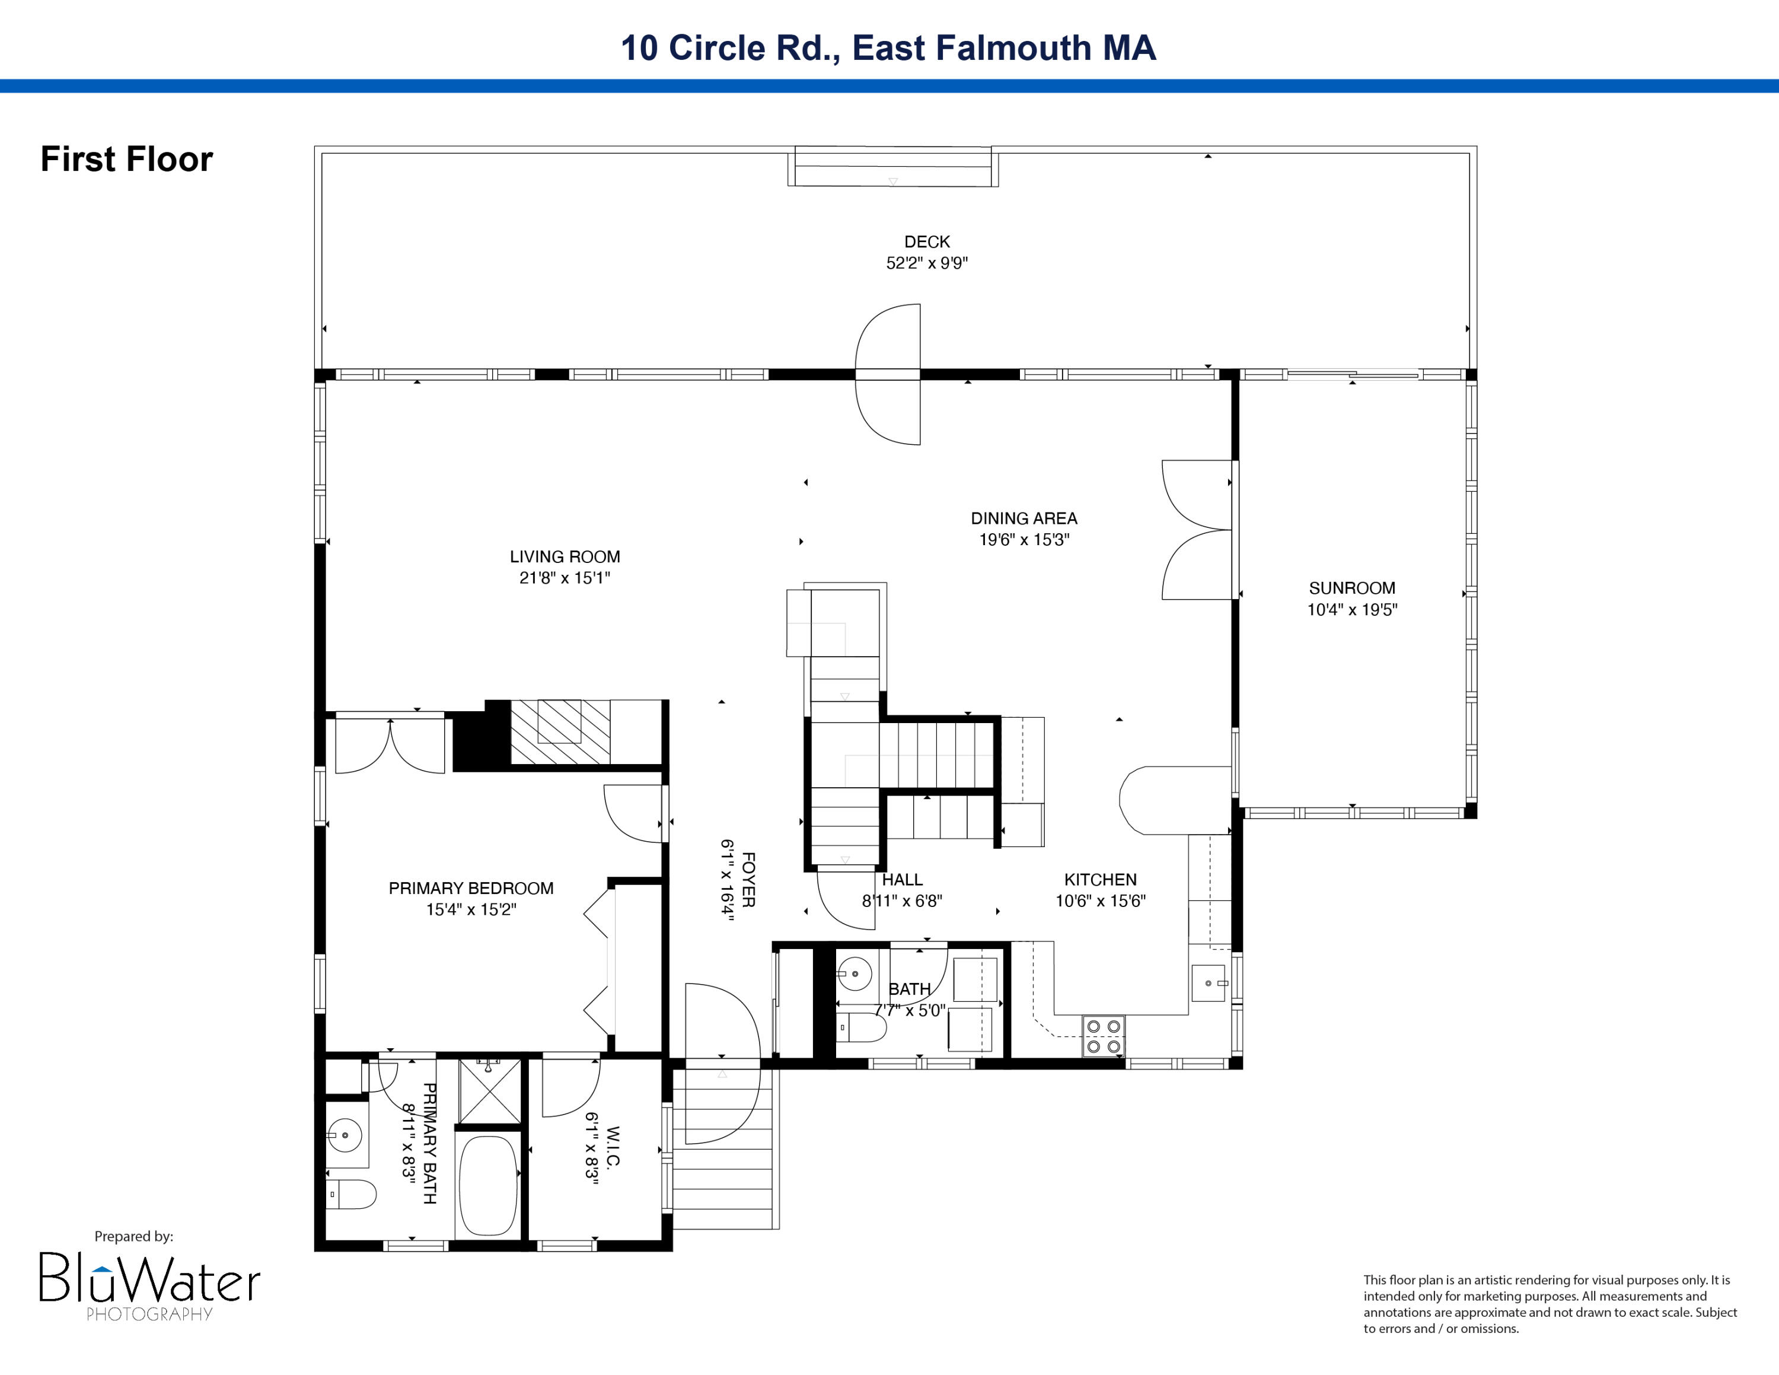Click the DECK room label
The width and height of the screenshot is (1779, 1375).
pos(926,242)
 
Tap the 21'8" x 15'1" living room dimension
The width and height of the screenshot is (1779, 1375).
pos(565,578)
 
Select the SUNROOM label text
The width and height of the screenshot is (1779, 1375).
pos(1351,588)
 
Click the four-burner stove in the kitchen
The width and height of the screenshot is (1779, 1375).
pos(1103,1036)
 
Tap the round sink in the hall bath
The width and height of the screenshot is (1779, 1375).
pos(854,973)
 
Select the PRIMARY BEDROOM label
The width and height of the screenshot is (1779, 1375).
pos(471,889)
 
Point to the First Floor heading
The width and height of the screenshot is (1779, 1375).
pos(126,159)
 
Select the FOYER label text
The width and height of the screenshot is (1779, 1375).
pos(748,880)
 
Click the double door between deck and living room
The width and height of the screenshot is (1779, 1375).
pos(888,375)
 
